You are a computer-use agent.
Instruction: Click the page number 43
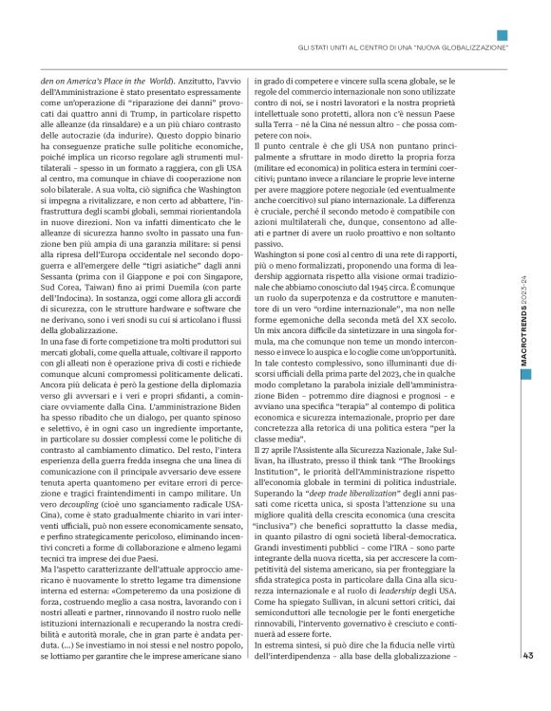point(528,679)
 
